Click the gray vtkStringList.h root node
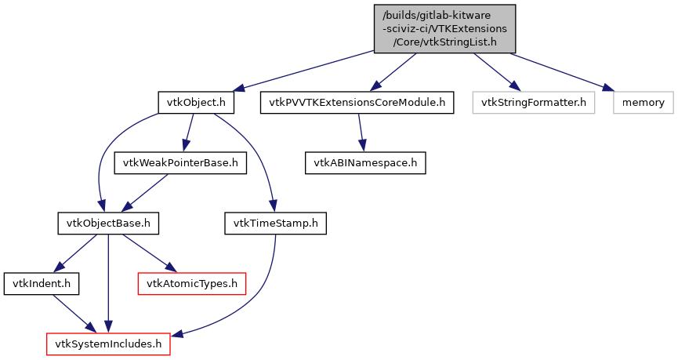click(444, 28)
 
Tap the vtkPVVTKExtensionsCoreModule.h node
click(357, 102)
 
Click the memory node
click(644, 102)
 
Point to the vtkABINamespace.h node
click(365, 162)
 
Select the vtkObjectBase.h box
click(108, 224)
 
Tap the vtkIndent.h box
click(33, 284)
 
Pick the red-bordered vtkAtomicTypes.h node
click(192, 284)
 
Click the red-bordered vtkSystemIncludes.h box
click(108, 344)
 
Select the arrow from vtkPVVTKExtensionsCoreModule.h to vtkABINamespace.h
click(361, 133)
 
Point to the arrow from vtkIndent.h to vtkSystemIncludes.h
click(69, 313)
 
